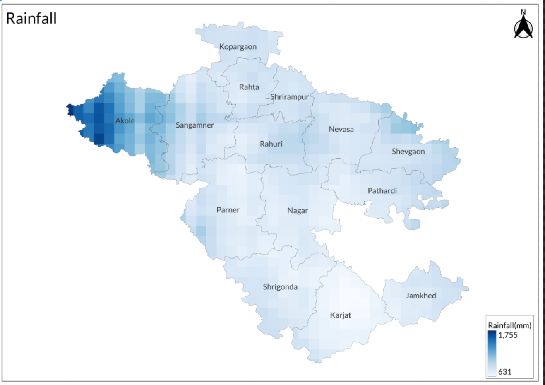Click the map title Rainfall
(31, 19)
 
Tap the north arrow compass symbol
(523, 26)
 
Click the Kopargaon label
(238, 47)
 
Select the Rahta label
(249, 87)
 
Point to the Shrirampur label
(289, 97)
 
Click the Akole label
(125, 121)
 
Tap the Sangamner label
(195, 125)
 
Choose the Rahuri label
(271, 144)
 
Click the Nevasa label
(341, 129)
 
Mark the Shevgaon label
(408, 152)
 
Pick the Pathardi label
(382, 191)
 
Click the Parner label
(228, 210)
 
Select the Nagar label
(298, 211)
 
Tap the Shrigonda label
(280, 287)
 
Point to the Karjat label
(341, 315)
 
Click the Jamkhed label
(421, 296)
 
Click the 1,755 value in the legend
(508, 335)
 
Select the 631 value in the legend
(505, 372)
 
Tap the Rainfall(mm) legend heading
(509, 325)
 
